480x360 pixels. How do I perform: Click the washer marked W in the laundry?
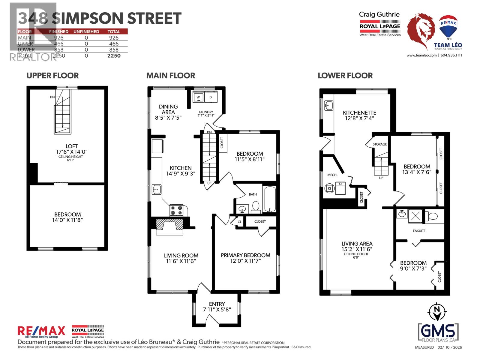click(198, 97)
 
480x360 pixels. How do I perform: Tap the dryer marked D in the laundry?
click(211, 97)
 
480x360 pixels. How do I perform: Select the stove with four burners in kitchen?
click(176, 210)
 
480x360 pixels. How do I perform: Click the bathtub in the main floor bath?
click(270, 199)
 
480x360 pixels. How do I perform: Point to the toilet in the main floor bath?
click(256, 207)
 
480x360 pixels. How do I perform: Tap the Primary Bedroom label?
click(245, 255)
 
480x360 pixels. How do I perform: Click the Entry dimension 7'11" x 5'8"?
click(217, 309)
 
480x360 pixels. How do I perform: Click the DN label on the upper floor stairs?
click(52, 97)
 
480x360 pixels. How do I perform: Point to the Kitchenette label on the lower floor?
click(359, 113)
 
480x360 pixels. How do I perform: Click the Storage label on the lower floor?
click(380, 144)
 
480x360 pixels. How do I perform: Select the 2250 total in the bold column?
click(114, 55)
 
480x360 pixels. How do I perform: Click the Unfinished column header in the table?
click(86, 31)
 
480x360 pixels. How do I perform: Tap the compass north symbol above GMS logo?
click(437, 312)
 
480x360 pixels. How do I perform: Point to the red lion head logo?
click(421, 30)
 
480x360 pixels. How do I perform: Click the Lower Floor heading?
click(345, 76)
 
